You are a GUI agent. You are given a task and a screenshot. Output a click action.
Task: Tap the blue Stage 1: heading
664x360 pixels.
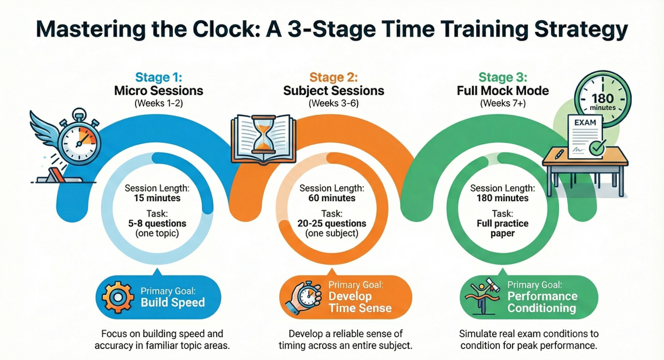point(158,78)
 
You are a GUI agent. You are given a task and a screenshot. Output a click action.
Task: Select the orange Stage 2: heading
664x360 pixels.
point(334,78)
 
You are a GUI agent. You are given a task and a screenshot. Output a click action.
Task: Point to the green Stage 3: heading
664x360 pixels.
point(503,78)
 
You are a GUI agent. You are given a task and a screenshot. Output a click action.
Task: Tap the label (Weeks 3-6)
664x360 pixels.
point(334,103)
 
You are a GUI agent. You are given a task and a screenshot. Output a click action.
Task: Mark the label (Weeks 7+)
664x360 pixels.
point(503,103)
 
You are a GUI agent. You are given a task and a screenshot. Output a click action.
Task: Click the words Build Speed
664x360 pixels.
point(173,302)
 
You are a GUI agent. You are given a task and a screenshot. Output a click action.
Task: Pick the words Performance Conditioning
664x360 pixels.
point(542,302)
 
